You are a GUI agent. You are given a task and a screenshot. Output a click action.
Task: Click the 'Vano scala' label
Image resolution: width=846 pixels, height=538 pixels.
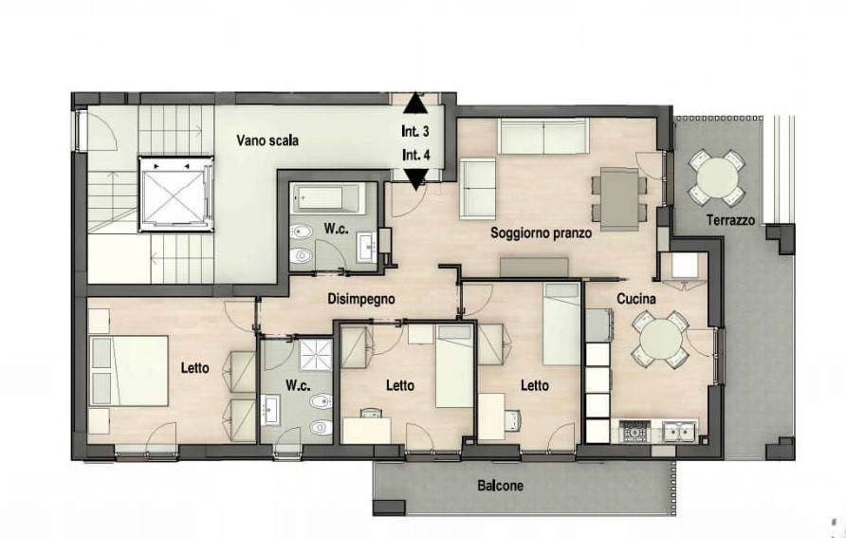pyautogui.click(x=267, y=140)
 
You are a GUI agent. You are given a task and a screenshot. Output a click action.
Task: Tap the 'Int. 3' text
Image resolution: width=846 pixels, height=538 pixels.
pyautogui.click(x=414, y=131)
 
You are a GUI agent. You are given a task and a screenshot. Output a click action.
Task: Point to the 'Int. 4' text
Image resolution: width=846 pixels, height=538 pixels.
pyautogui.click(x=416, y=155)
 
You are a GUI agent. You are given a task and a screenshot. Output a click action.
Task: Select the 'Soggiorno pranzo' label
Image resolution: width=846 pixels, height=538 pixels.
pyautogui.click(x=541, y=233)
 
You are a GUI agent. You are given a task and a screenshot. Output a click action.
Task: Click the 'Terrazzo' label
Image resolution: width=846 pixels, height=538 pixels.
pyautogui.click(x=730, y=220)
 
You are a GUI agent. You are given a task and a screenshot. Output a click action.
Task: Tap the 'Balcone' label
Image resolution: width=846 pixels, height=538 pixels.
pyautogui.click(x=500, y=486)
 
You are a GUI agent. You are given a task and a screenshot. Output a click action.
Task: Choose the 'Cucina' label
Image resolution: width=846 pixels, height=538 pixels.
pyautogui.click(x=636, y=298)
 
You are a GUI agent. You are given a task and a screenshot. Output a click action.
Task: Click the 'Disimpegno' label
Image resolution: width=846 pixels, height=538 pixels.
pyautogui.click(x=361, y=299)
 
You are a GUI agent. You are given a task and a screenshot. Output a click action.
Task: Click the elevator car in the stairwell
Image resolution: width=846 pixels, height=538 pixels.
pyautogui.click(x=175, y=194)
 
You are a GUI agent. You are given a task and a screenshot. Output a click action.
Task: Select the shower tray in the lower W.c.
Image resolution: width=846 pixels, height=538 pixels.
pyautogui.click(x=316, y=355)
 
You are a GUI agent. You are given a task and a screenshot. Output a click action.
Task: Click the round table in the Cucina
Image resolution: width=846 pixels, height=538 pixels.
pyautogui.click(x=660, y=340)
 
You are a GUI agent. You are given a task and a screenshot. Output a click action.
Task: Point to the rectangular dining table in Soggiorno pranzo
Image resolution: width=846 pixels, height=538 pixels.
pyautogui.click(x=619, y=198)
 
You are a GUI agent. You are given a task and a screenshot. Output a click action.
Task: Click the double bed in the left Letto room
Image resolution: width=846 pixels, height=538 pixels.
pyautogui.click(x=129, y=371)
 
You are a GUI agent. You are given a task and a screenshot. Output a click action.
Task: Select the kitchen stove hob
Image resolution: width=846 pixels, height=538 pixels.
pyautogui.click(x=635, y=432)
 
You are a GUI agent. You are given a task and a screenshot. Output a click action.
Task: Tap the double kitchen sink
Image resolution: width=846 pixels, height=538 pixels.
pyautogui.click(x=679, y=432)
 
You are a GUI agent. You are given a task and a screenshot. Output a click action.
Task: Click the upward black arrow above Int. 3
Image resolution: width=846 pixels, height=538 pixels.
pyautogui.click(x=414, y=103)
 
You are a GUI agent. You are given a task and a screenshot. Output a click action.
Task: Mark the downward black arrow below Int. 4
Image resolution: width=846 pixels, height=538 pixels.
pyautogui.click(x=416, y=178)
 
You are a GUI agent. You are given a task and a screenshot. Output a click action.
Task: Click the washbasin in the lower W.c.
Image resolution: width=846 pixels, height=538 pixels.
pyautogui.click(x=269, y=410)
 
